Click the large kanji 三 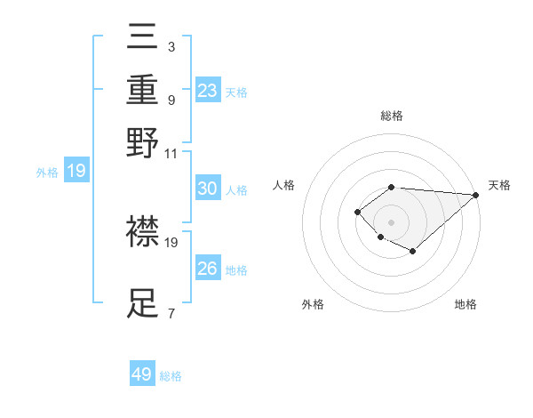coord(143,38)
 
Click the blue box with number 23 coord(208,91)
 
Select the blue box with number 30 coord(208,189)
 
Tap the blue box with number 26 coord(208,269)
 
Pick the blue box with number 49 coord(142,374)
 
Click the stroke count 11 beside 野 coord(171,153)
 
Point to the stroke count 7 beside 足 coord(171,313)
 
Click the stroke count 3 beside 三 coord(171,45)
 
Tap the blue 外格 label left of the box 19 coord(46,173)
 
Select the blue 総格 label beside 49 coord(171,376)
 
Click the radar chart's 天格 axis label coord(499,185)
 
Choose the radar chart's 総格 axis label coord(391,116)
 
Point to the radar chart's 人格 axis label coord(283,185)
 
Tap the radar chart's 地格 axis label coord(465,304)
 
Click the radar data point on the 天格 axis coord(475,195)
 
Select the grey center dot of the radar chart coord(391,221)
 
